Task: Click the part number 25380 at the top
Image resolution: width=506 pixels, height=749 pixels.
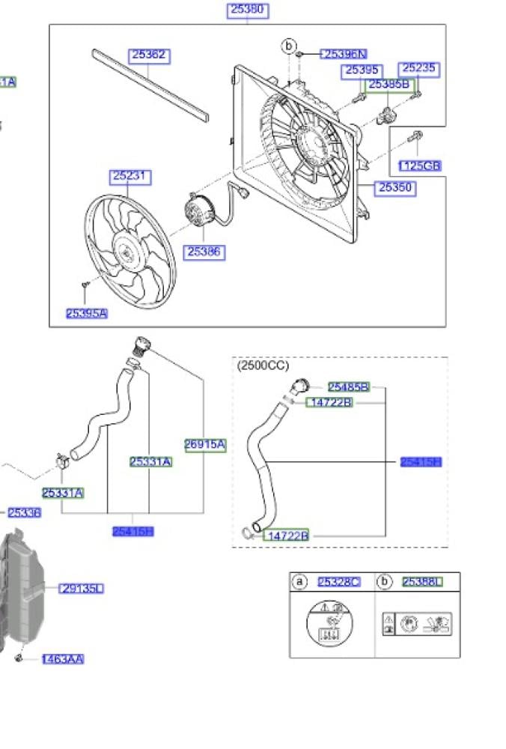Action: pyautogui.click(x=248, y=10)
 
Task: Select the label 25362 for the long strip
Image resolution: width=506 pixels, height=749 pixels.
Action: pyautogui.click(x=149, y=55)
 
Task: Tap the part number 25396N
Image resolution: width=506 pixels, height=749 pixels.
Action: pyautogui.click(x=344, y=54)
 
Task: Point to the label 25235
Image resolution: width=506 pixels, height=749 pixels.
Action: pyautogui.click(x=417, y=69)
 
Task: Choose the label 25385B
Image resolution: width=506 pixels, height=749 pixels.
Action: pyautogui.click(x=389, y=85)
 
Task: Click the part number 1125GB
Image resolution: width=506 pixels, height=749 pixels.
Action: pyautogui.click(x=419, y=166)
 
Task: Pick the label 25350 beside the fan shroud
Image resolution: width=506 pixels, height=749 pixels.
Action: pyautogui.click(x=395, y=188)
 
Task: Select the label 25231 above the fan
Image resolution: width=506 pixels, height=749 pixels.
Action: pyautogui.click(x=130, y=177)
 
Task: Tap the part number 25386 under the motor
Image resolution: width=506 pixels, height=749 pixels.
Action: pyautogui.click(x=204, y=252)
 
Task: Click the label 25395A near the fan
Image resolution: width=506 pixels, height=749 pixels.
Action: pyautogui.click(x=86, y=314)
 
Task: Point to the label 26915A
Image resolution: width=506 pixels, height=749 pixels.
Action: pyautogui.click(x=205, y=444)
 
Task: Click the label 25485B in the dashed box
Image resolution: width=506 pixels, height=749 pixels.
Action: pyautogui.click(x=348, y=387)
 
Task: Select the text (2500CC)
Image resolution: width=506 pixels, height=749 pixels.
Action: pyautogui.click(x=263, y=366)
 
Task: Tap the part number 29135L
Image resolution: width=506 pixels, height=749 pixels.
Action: pyautogui.click(x=82, y=589)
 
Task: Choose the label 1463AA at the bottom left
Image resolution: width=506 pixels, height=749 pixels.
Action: pyautogui.click(x=63, y=659)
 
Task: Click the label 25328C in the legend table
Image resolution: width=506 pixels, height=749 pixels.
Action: pyautogui.click(x=338, y=582)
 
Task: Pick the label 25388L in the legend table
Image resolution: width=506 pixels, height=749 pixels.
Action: pyautogui.click(x=422, y=582)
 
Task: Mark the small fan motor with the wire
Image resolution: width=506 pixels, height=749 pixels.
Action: pyautogui.click(x=198, y=210)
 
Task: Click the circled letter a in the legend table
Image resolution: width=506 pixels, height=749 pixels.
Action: pyautogui.click(x=299, y=582)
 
